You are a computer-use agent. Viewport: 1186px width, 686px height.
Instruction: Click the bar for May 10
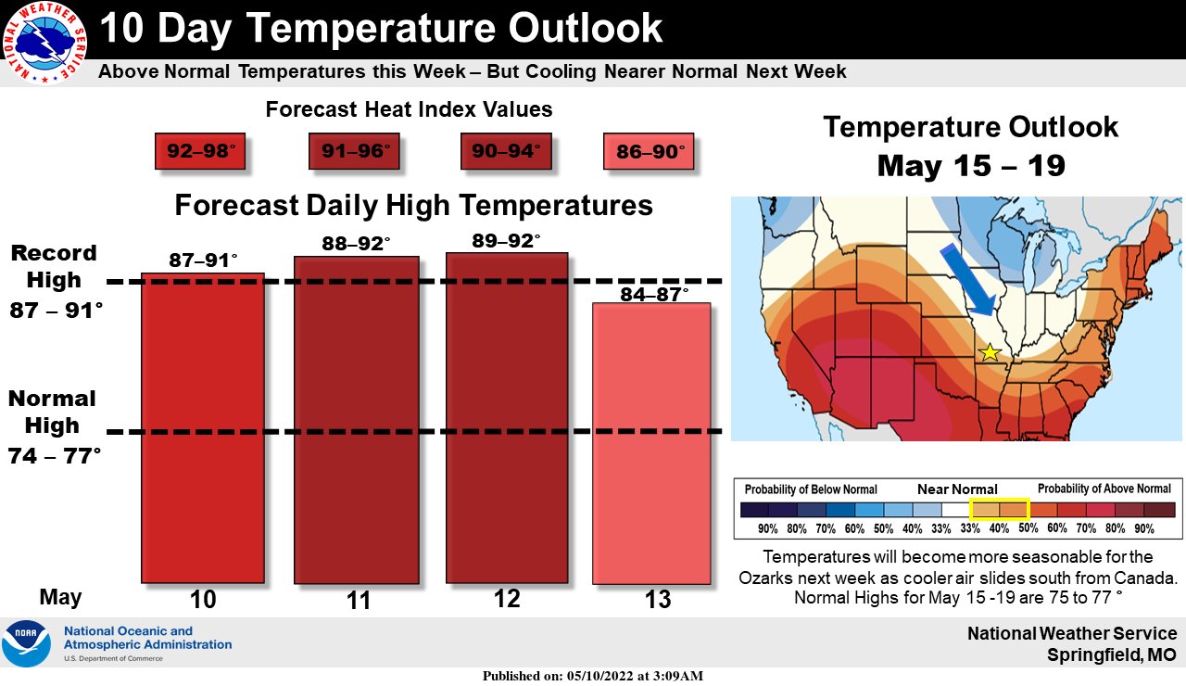pos(203,428)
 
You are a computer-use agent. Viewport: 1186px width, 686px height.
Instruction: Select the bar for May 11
pos(357,420)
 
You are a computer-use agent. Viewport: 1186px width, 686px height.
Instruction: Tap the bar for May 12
pos(507,418)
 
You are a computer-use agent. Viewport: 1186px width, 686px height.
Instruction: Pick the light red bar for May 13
pos(651,443)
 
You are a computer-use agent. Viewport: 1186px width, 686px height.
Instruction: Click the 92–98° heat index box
pos(200,151)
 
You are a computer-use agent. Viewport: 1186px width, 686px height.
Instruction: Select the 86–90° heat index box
pos(649,151)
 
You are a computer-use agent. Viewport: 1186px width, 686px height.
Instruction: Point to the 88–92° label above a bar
pos(357,244)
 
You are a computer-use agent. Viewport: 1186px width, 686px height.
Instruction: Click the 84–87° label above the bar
pos(654,294)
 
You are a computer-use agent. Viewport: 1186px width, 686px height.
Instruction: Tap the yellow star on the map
pos(990,353)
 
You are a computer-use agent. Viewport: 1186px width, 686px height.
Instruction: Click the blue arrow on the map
pos(968,279)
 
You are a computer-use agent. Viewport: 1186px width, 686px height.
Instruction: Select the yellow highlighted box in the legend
pos(1000,509)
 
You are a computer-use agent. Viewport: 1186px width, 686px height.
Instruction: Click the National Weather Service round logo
pos(44,43)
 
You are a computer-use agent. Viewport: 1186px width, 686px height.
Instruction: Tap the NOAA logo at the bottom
pos(27,643)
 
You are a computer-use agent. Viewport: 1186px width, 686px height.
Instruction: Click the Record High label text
pos(54,266)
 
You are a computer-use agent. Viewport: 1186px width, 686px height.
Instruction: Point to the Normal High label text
pos(52,413)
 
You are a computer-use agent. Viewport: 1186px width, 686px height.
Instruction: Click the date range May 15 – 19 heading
pos(971,166)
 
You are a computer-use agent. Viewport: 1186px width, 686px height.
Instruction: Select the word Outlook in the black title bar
pos(586,28)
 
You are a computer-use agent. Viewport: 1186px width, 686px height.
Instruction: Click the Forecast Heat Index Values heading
pos(409,109)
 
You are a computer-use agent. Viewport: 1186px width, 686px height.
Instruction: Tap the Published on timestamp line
pos(593,676)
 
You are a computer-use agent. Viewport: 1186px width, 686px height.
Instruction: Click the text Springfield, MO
pos(1112,655)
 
